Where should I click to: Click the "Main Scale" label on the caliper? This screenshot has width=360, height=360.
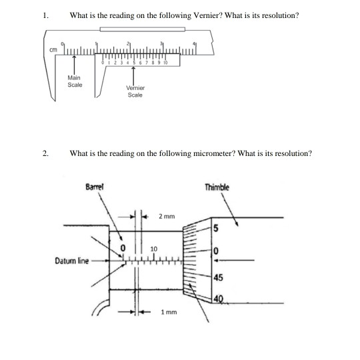tap(74, 82)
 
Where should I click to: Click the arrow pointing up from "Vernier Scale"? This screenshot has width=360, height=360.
tap(135, 75)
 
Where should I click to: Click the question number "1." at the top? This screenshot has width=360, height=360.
tap(45, 15)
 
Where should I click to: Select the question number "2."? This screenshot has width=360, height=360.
tap(45, 153)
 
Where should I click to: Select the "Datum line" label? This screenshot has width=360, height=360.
tap(69, 261)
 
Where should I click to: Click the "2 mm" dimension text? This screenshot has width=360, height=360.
tap(167, 216)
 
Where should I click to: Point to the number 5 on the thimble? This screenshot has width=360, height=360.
tap(216, 229)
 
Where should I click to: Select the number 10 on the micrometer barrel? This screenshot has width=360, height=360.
tap(155, 249)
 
